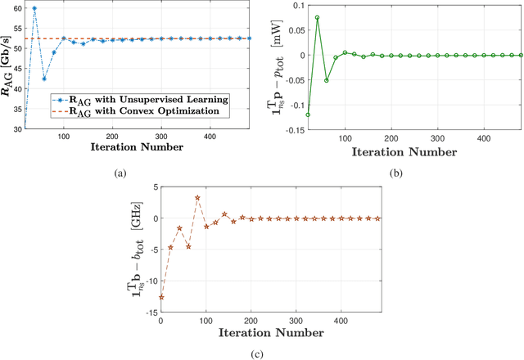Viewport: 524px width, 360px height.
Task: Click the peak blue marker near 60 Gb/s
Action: pos(34,8)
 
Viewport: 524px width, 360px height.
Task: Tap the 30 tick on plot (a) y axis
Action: pos(19,128)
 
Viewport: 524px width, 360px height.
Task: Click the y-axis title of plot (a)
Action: pos(7,66)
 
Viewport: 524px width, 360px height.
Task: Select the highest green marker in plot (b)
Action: pos(317,17)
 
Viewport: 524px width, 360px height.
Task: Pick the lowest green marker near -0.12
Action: pos(308,115)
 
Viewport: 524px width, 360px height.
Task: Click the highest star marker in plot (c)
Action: pos(197,197)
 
